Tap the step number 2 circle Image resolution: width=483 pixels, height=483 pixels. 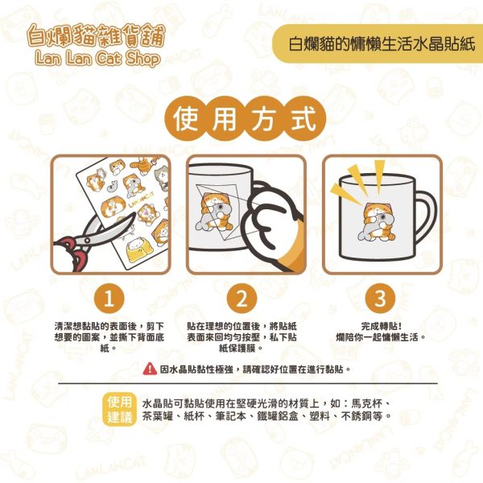[242, 299]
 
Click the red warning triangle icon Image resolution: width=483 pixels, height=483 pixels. [150, 369]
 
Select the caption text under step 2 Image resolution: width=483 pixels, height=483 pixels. [242, 336]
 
